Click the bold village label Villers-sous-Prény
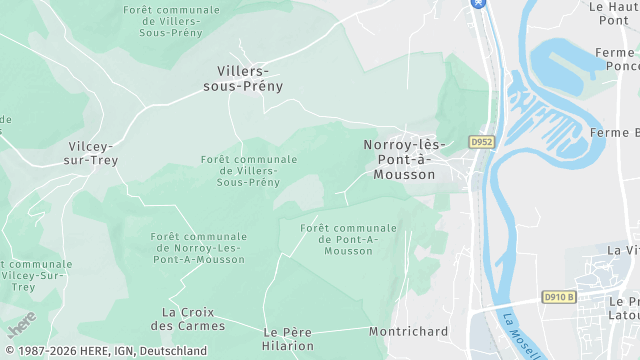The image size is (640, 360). pyautogui.click(x=250, y=78)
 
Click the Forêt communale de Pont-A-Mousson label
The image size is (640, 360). pyautogui.click(x=348, y=240)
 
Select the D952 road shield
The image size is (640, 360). pyautogui.click(x=481, y=142)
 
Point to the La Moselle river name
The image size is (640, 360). pyautogui.click(x=521, y=335)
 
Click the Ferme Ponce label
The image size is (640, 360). pyautogui.click(x=615, y=59)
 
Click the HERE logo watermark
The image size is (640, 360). pyautogui.click(x=21, y=325)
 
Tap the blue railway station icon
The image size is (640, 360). pyautogui.click(x=478, y=3)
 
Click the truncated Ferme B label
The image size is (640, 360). pyautogui.click(x=615, y=133)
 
